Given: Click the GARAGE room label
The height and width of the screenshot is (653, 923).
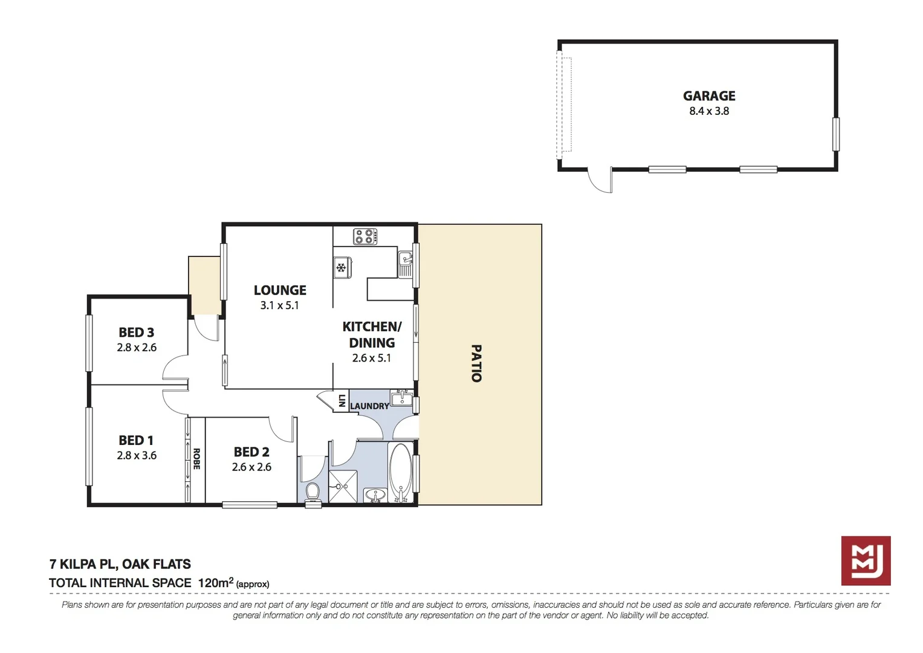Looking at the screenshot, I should click(708, 96).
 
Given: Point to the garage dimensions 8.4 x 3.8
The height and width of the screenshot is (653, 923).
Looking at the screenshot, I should click(708, 111).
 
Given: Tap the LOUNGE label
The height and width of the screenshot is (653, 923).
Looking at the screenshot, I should click(280, 290).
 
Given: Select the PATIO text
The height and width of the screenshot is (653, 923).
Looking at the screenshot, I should click(476, 363).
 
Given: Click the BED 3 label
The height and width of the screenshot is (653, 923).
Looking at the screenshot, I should click(136, 333).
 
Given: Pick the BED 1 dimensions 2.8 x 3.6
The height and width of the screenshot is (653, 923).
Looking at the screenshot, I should click(137, 455).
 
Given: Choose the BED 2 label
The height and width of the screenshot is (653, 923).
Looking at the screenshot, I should click(251, 452).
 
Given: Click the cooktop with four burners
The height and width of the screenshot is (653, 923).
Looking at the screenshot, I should click(365, 236).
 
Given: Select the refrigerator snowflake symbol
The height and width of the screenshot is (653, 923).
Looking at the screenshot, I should click(342, 267).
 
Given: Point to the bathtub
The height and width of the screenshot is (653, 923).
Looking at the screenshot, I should click(400, 472).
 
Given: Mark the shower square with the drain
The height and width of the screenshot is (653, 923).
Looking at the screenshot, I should click(343, 486).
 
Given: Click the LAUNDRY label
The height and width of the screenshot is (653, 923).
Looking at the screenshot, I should click(369, 406).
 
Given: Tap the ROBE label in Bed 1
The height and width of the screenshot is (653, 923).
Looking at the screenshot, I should click(196, 459).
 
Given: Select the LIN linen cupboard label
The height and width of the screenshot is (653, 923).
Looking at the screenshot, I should click(342, 400).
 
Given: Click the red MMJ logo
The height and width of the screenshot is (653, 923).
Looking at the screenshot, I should click(866, 560).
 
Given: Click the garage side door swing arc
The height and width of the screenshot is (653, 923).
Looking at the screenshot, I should click(599, 182).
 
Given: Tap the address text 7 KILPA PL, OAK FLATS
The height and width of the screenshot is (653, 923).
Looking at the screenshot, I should click(120, 564).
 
